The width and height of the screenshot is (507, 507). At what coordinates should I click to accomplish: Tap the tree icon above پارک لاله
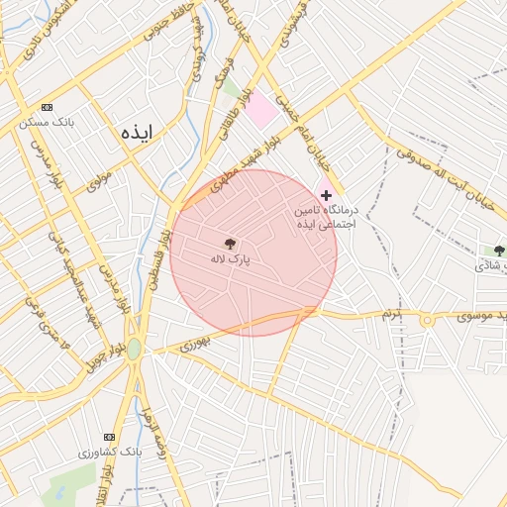coord(230,243)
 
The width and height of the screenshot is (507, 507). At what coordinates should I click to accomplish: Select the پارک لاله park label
coord(230,258)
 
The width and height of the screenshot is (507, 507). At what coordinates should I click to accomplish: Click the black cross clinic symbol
coord(326,196)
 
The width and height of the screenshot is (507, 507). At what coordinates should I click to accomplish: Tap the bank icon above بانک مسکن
coord(47,107)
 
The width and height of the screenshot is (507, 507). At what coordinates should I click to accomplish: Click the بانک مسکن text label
coord(47,123)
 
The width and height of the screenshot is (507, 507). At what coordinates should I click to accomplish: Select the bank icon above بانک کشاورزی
coord(109,437)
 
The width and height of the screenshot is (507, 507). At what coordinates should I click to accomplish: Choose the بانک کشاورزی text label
coord(109,453)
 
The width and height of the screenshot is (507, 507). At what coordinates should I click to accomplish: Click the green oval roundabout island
coord(134,349)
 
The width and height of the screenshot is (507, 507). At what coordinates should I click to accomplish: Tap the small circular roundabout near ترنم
coord(428,320)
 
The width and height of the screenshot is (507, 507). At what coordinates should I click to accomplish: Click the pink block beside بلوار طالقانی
coord(262,110)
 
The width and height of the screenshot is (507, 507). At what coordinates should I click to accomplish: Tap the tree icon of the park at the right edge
coord(499,251)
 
